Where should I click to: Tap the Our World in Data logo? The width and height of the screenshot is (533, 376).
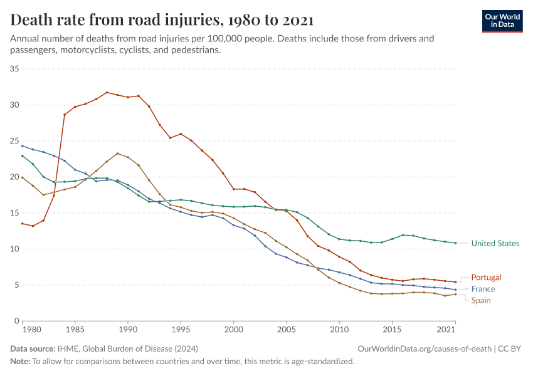(x=502, y=20)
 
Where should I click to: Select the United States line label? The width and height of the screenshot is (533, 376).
(x=495, y=243)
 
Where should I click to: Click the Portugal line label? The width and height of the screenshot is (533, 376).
(x=486, y=277)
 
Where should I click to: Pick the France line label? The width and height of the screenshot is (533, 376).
(x=483, y=289)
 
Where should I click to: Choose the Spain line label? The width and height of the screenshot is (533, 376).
(x=481, y=300)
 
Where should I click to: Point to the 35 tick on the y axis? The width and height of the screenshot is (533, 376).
(x=15, y=68)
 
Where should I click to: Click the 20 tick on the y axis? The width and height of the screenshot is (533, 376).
(x=15, y=177)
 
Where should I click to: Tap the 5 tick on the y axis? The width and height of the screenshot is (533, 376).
(x=18, y=285)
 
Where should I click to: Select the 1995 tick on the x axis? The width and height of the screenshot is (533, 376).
(x=181, y=329)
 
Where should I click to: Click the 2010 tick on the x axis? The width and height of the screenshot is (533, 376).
(x=339, y=329)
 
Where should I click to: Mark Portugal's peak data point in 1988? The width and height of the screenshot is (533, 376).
(x=107, y=92)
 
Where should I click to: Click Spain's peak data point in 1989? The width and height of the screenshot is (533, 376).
(x=117, y=154)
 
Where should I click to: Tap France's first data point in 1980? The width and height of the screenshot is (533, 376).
(x=22, y=146)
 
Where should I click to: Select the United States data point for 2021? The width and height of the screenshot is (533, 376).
(x=455, y=243)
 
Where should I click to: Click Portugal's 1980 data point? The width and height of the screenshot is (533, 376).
(x=22, y=224)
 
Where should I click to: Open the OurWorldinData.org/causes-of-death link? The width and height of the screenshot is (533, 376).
(x=425, y=348)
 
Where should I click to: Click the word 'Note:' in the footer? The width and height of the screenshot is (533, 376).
(x=21, y=361)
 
